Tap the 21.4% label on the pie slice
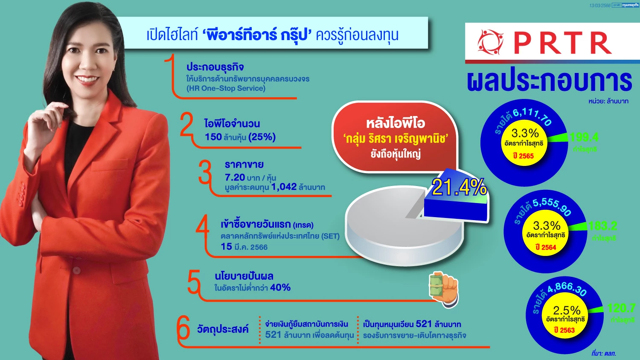tap(459, 187)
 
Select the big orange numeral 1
tap(170, 75)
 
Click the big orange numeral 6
tap(183, 329)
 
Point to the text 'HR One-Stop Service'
tap(226, 88)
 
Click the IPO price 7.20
tap(235, 177)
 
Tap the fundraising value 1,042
tap(284, 187)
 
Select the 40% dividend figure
tap(280, 287)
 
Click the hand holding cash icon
tap(444, 289)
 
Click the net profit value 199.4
tap(584, 137)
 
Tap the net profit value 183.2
tap(602, 226)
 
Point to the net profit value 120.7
tap(621, 308)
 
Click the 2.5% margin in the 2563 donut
tap(567, 310)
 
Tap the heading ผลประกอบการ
tap(550, 81)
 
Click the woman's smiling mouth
tap(87, 79)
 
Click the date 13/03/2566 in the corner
tap(600, 6)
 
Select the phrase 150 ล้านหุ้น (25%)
tap(240, 137)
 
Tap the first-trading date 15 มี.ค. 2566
tap(244, 247)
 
